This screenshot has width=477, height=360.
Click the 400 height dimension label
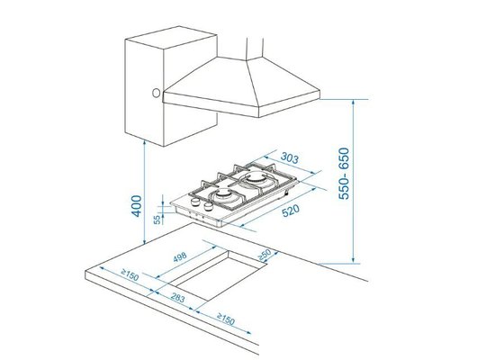pyautogui.click(x=136, y=206)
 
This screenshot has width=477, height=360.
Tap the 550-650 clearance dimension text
pyautogui.click(x=344, y=174)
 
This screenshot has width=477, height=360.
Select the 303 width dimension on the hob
pyautogui.click(x=289, y=157)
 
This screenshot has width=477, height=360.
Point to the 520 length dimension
pyautogui.click(x=291, y=211)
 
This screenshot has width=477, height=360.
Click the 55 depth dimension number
pyautogui.click(x=157, y=220)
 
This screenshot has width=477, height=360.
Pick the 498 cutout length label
pyautogui.click(x=180, y=257)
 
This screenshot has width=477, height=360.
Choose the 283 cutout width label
pyautogui.click(x=177, y=298)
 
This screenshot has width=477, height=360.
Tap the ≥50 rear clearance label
pyautogui.click(x=265, y=255)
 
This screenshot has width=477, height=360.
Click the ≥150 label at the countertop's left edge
pyautogui.click(x=130, y=274)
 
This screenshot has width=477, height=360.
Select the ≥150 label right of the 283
pyautogui.click(x=226, y=319)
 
